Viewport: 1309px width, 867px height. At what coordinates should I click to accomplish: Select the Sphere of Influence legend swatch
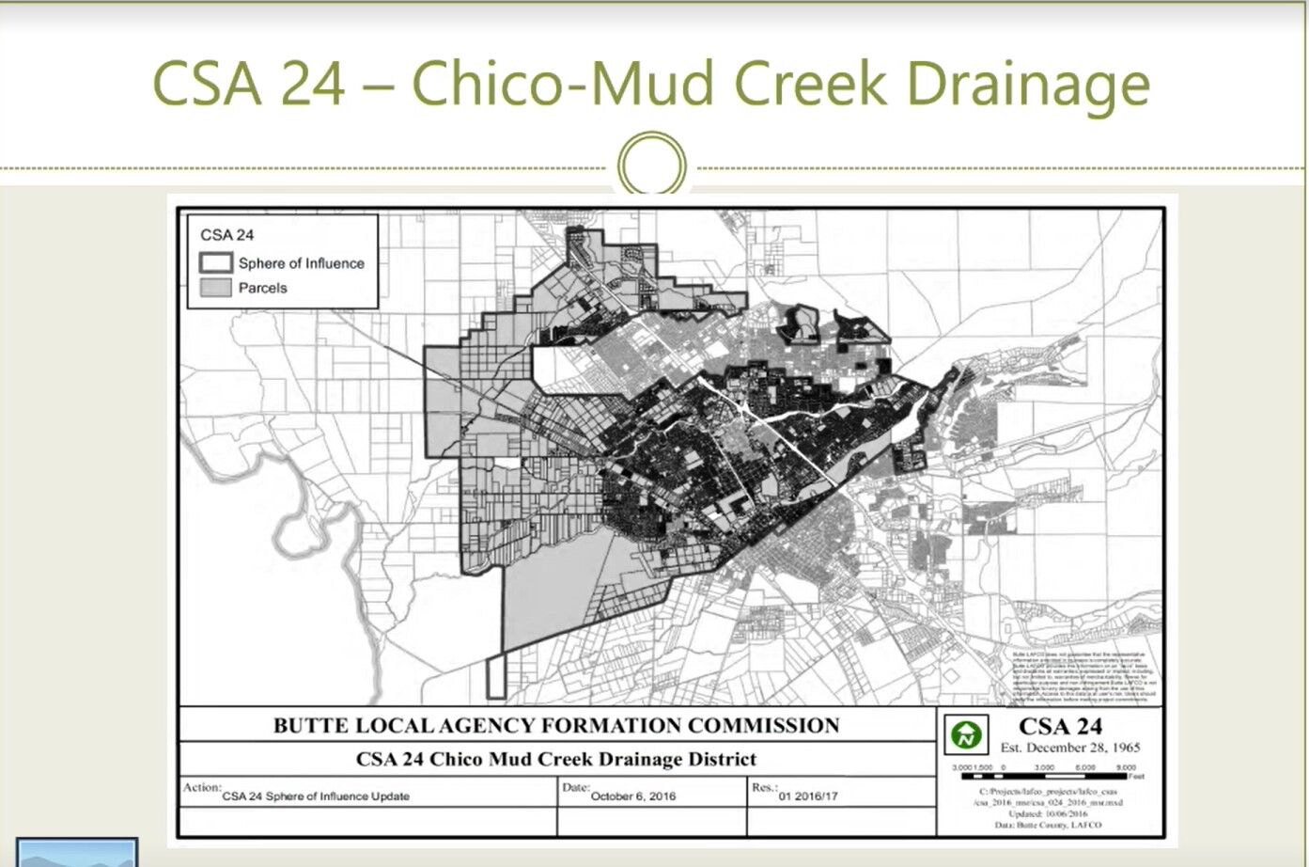215,263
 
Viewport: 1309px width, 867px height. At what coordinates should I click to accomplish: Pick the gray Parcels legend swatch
215,288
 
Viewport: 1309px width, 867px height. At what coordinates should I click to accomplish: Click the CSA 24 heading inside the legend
226,235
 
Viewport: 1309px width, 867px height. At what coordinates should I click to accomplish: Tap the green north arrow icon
965,735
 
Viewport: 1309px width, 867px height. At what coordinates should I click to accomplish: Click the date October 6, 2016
632,796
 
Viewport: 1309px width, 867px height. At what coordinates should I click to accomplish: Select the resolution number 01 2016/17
808,796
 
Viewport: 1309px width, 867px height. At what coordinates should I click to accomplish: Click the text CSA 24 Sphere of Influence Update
316,796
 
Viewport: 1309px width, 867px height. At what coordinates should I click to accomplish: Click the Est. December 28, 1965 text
1069,749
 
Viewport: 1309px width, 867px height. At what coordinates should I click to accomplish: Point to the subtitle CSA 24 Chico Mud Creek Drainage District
555,759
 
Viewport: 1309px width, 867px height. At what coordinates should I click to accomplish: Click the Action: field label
202,787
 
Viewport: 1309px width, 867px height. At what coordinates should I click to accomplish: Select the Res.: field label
764,787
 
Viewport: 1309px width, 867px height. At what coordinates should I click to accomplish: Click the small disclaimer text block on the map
1084,676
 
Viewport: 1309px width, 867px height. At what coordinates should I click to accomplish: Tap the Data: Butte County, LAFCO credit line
1048,825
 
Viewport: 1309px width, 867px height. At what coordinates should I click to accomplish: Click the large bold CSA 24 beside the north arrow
1060,727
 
